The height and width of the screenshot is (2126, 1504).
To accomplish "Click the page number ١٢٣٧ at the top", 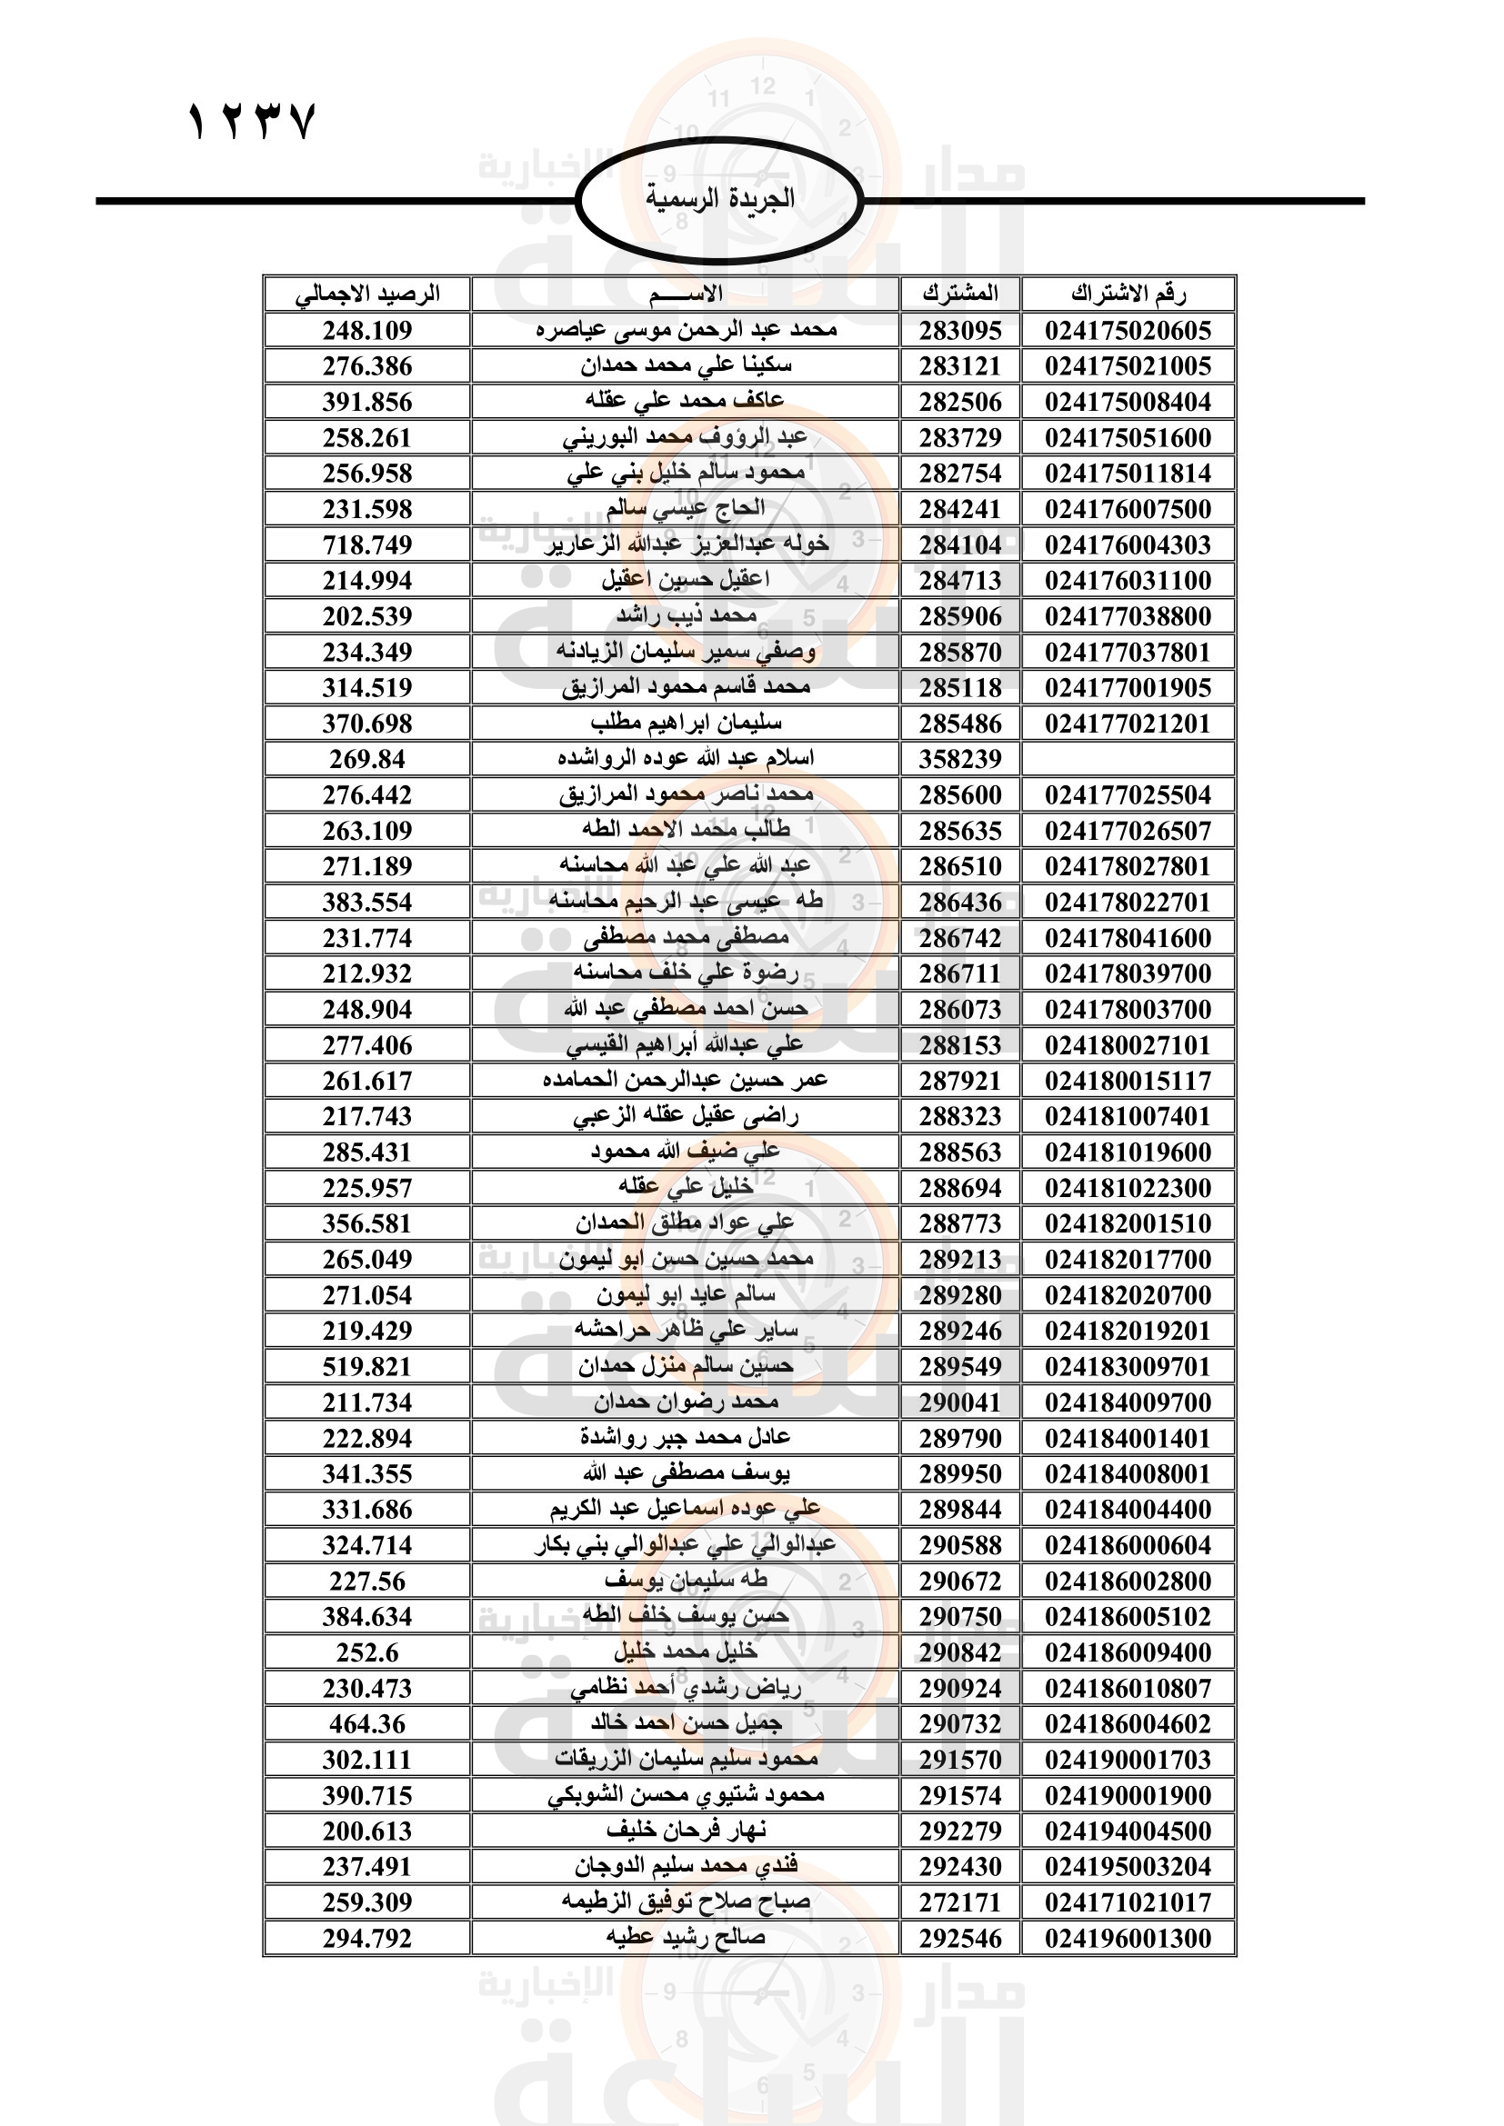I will click(x=252, y=122).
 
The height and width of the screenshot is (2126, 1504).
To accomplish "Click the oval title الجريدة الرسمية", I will click(x=719, y=199).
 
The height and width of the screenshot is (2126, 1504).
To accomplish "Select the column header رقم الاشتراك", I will click(x=1128, y=294).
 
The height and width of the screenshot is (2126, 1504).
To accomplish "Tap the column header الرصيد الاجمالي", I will click(x=367, y=294).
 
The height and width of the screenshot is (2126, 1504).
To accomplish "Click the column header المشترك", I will click(x=960, y=294).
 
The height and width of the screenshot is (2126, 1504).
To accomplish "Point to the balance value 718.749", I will click(x=367, y=544).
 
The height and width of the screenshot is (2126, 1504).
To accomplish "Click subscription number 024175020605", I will click(x=1128, y=331).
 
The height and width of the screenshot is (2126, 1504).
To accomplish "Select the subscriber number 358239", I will click(x=960, y=759).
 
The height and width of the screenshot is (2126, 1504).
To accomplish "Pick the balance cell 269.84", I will click(x=367, y=759).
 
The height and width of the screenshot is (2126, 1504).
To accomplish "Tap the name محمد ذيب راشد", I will click(x=687, y=615).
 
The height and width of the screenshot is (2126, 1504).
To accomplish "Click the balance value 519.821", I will click(x=367, y=1367).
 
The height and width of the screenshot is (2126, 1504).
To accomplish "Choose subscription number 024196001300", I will click(x=1128, y=1938).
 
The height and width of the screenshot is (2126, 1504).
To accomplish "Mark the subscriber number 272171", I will click(x=960, y=1902).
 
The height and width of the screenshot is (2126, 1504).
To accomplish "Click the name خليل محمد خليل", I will click(x=687, y=1652).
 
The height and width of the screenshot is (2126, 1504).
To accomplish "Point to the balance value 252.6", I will click(x=367, y=1652).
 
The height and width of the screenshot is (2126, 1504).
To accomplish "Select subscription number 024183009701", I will click(x=1128, y=1367).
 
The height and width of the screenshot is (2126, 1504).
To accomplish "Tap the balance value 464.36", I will click(x=367, y=1724).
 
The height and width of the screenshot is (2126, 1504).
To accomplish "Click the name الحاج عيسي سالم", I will click(x=687, y=508).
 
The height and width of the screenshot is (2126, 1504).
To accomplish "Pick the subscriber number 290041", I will click(x=960, y=1402).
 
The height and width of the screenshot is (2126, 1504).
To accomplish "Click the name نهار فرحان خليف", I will click(x=687, y=1831).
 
